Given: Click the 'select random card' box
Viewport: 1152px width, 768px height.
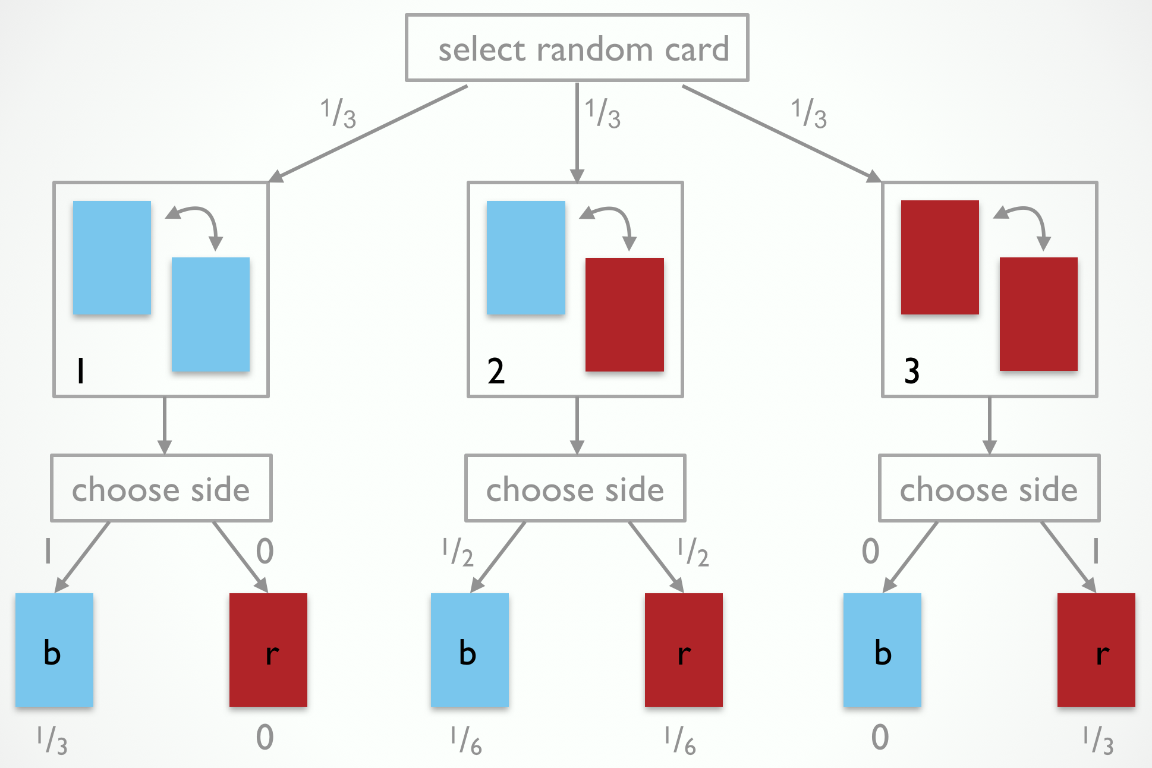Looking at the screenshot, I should click(x=577, y=48).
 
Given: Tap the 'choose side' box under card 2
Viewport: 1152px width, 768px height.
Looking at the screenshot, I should click(x=575, y=489).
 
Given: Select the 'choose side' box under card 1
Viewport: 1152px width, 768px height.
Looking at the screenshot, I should click(x=161, y=489).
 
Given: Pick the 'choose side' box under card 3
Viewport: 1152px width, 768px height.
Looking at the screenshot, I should click(x=989, y=489).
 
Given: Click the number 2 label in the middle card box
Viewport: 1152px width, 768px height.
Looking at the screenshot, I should click(x=496, y=371).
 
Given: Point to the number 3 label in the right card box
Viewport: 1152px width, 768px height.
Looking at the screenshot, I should click(x=911, y=371).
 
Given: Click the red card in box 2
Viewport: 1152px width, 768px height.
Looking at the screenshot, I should click(x=624, y=314).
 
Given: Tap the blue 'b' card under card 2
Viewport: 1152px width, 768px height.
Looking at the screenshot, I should click(x=470, y=650).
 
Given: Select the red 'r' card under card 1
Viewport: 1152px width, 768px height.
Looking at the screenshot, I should click(x=268, y=650).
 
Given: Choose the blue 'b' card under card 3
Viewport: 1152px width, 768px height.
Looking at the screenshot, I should click(x=882, y=650).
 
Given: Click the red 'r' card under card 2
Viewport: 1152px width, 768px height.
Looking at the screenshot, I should click(x=684, y=650).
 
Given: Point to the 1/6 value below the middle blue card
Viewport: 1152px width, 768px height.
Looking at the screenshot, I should click(x=466, y=741).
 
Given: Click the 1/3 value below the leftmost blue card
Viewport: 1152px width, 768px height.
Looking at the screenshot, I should click(x=52, y=741).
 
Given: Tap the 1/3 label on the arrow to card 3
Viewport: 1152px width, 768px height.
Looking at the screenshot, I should click(x=809, y=114).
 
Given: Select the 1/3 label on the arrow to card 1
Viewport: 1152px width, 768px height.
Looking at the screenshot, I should click(x=338, y=114).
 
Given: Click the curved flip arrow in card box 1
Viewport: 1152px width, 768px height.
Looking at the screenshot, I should click(x=196, y=223).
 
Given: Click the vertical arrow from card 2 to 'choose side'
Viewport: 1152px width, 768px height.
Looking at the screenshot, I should click(x=577, y=426).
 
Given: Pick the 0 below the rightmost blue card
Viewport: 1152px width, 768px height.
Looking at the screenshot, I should click(x=880, y=738).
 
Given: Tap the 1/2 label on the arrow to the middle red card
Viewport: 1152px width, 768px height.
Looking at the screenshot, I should click(x=694, y=552).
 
